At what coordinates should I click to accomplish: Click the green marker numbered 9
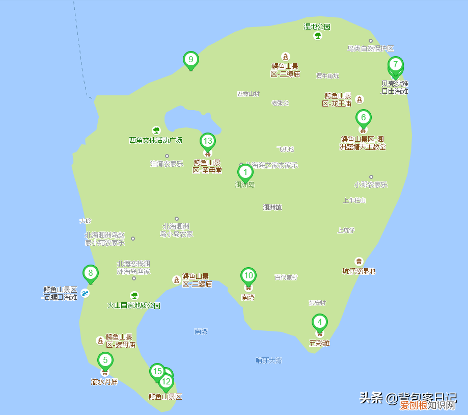point(191,60)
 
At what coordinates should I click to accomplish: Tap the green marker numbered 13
point(207,141)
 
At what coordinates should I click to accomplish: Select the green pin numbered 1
point(245,172)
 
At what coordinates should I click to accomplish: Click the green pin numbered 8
point(91,273)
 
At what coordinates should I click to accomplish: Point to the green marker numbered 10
point(248,276)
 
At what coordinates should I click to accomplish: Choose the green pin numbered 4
point(319,322)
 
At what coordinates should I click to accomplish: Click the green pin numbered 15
point(157,371)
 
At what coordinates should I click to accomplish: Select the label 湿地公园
point(317,27)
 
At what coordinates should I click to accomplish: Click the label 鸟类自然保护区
point(371,48)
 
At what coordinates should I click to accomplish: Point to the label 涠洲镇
point(272,207)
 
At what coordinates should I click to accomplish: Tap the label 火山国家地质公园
point(134,306)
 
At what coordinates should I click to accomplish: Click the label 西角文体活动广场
point(156,140)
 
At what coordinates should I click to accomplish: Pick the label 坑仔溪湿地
point(359,271)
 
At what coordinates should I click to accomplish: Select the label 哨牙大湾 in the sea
point(268,360)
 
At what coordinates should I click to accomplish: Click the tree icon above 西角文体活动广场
point(156,131)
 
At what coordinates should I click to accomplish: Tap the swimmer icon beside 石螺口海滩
point(85,293)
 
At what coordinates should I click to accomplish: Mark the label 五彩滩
point(319,343)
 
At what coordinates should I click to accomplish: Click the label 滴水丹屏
point(104,382)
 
